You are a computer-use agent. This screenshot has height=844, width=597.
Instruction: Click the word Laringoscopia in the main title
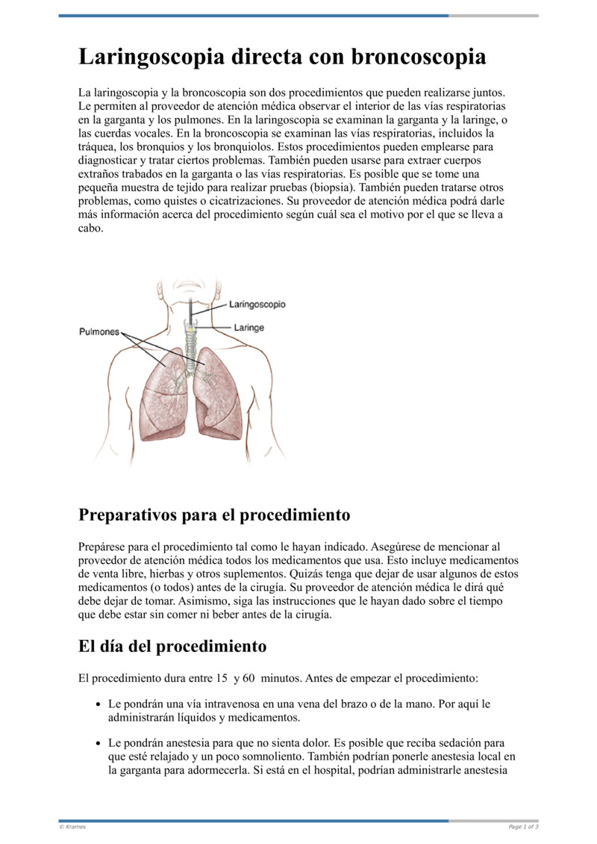(x=149, y=57)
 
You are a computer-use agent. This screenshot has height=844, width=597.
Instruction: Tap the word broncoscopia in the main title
(x=419, y=57)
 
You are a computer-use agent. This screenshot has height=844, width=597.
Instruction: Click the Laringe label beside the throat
(x=249, y=327)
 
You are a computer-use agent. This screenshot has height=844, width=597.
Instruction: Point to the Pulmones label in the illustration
(x=99, y=332)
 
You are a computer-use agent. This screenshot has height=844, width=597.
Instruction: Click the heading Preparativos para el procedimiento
(x=214, y=515)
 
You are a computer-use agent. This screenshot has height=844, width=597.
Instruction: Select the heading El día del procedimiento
(x=172, y=645)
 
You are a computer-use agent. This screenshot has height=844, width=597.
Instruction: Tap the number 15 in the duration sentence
(x=222, y=679)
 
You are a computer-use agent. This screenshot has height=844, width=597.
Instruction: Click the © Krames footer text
(x=72, y=827)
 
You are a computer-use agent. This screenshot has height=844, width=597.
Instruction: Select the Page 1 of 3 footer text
(x=523, y=827)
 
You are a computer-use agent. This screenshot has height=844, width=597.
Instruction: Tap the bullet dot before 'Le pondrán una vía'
(x=99, y=704)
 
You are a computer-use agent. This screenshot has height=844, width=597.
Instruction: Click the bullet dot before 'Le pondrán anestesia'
(x=99, y=743)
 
